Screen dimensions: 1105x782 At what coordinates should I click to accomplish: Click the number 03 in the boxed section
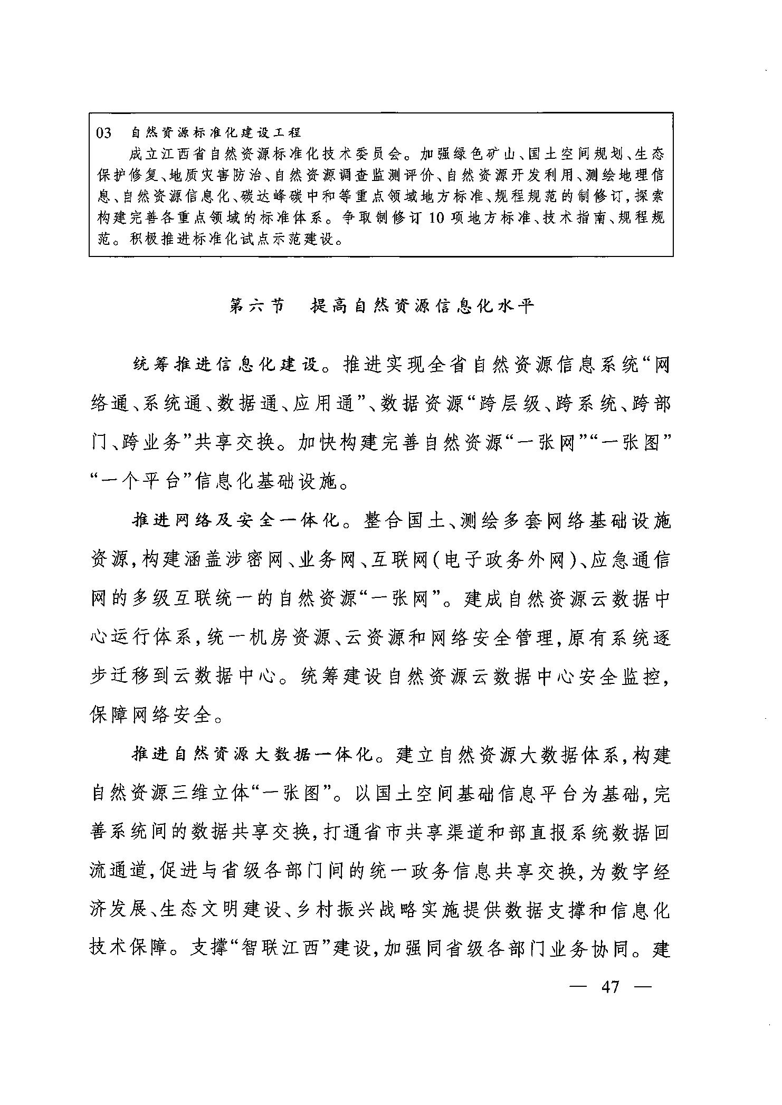pyautogui.click(x=104, y=133)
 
